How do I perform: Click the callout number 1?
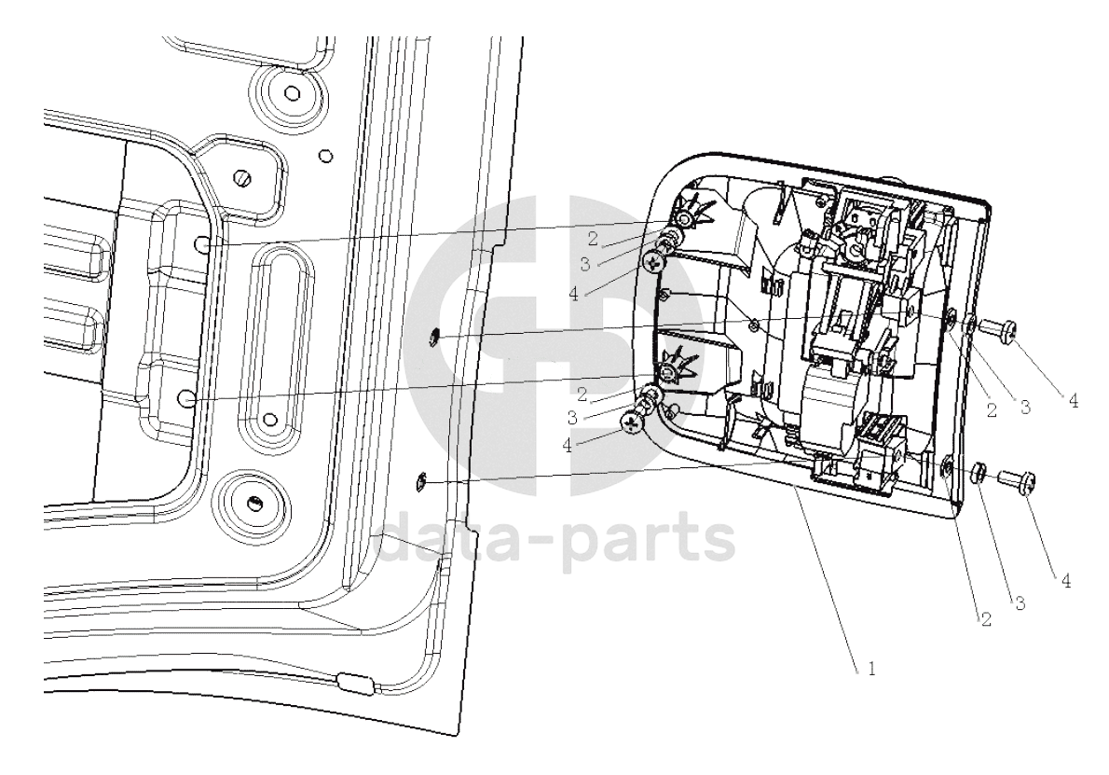[872, 668]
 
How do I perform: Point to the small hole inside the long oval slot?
[268, 420]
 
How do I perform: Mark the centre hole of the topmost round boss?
[292, 92]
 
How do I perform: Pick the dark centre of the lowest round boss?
[253, 503]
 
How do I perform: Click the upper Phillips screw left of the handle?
[653, 263]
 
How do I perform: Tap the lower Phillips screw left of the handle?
[632, 423]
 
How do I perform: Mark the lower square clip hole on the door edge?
[419, 482]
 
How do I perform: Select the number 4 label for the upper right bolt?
[1073, 402]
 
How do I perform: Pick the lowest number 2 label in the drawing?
[985, 620]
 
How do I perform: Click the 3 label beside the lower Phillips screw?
[571, 418]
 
